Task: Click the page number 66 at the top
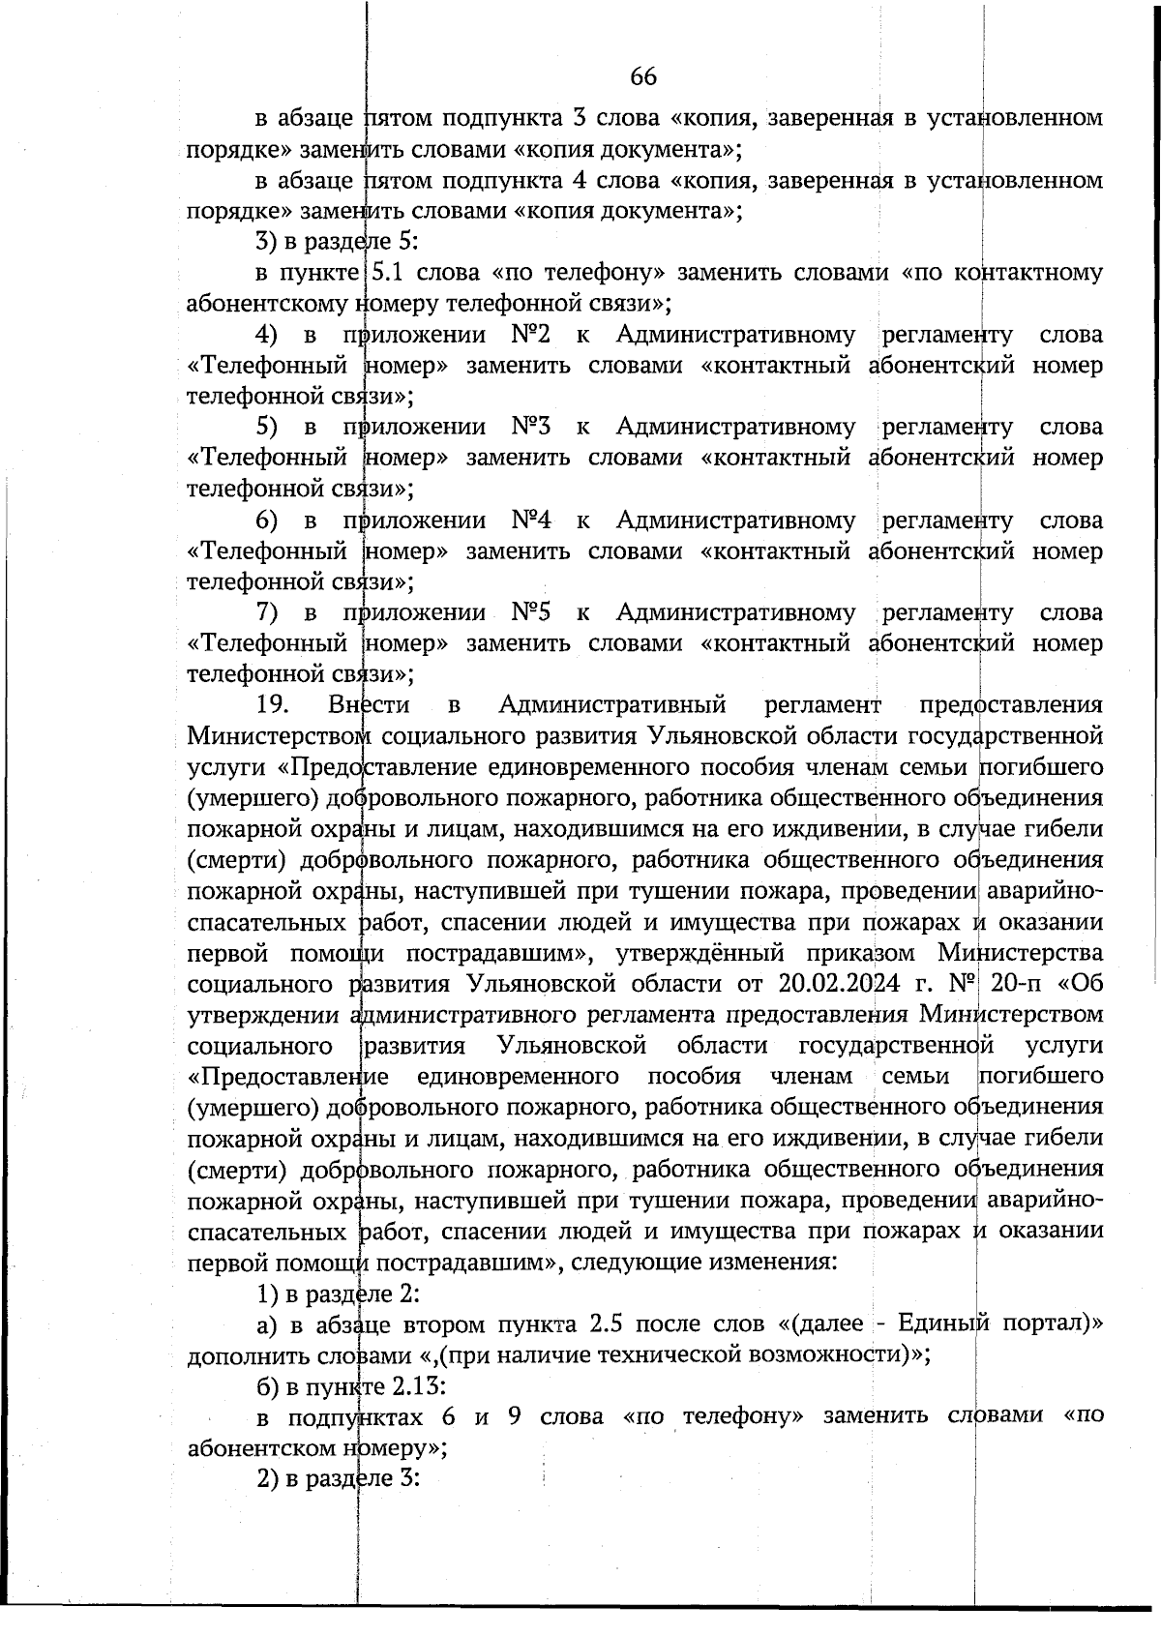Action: [x=643, y=76]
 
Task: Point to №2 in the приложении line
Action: [x=530, y=335]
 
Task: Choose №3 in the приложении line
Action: [x=530, y=427]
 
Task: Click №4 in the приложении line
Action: [x=530, y=520]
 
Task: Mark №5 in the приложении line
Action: [x=530, y=612]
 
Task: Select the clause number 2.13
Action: [x=418, y=1385]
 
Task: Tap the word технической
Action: [x=673, y=1354]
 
